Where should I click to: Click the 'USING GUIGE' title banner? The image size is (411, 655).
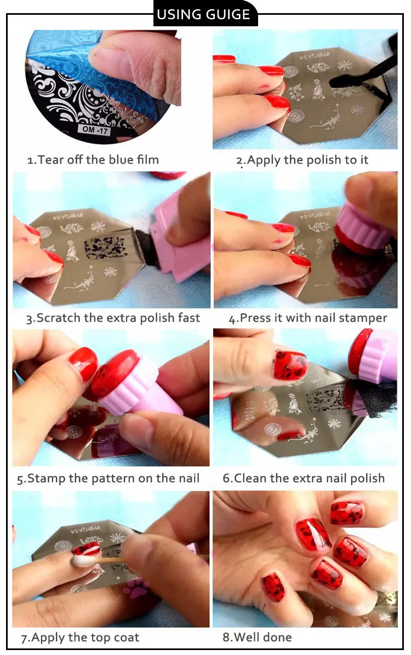point(205,15)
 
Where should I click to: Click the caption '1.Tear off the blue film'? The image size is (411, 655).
point(93,160)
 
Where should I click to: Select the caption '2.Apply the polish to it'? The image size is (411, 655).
point(302,160)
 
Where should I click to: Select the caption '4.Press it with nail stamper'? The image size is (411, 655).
point(308,318)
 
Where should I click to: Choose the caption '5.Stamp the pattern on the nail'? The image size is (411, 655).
point(108,478)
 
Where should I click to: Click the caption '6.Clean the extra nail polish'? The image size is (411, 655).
point(304,478)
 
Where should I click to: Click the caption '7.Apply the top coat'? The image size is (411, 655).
point(80,637)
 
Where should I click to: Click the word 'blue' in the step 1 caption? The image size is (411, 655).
point(119,160)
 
